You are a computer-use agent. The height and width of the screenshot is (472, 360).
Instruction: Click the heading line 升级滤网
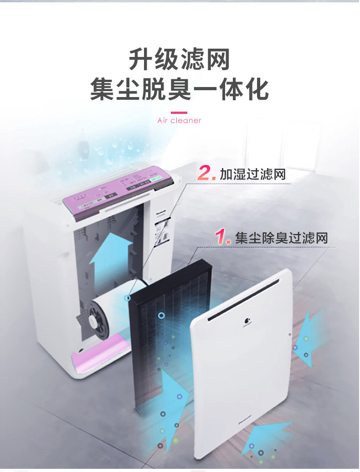(179, 59)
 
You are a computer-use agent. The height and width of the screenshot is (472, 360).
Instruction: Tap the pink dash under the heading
(179, 113)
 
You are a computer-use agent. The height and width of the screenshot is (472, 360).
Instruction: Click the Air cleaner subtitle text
(179, 121)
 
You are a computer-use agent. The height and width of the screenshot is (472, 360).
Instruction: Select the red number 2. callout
(206, 173)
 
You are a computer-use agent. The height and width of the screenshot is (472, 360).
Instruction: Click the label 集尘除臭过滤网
(281, 238)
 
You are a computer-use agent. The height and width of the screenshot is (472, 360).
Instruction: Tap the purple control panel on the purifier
(118, 190)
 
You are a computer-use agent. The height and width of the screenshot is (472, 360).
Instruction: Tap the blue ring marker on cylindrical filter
(128, 298)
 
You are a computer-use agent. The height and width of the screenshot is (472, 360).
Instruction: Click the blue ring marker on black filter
(161, 315)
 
